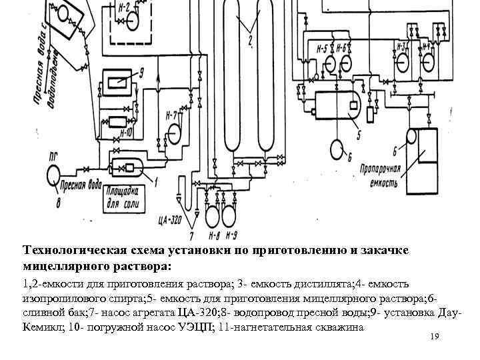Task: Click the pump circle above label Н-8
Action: pyautogui.click(x=214, y=215)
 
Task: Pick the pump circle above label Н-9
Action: pyautogui.click(x=231, y=215)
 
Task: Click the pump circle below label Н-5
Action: pyautogui.click(x=330, y=63)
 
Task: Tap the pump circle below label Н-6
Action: pyautogui.click(x=345, y=63)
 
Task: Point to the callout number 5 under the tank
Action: pyautogui.click(x=358, y=137)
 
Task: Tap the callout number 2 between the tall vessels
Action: pyautogui.click(x=249, y=41)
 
